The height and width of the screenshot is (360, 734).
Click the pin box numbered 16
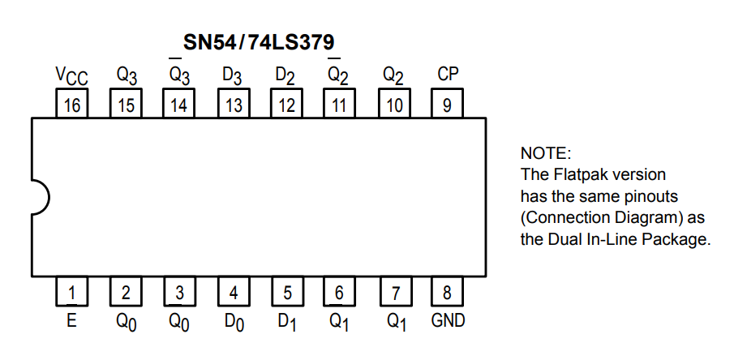coord(71,104)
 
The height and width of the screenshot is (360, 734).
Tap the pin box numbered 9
coord(447,104)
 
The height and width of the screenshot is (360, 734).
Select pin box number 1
coord(71,291)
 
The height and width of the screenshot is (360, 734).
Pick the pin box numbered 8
coord(447,291)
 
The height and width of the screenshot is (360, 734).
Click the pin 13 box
coord(234,104)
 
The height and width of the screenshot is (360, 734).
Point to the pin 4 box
coord(234,291)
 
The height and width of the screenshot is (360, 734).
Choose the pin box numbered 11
coord(339,104)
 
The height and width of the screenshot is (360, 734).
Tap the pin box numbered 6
coord(339,291)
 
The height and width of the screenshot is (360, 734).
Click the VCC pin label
coord(71,76)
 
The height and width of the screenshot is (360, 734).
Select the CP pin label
coord(448,74)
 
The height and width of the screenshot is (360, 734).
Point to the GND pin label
coord(448,321)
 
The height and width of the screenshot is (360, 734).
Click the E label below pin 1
coord(71,321)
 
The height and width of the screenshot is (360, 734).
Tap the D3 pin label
coord(232,76)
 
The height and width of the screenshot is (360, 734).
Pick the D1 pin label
coord(287,322)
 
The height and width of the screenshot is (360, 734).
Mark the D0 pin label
coord(234,322)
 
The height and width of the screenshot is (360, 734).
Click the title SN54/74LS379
coord(259,42)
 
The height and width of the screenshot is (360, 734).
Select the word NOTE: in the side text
coord(546,153)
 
